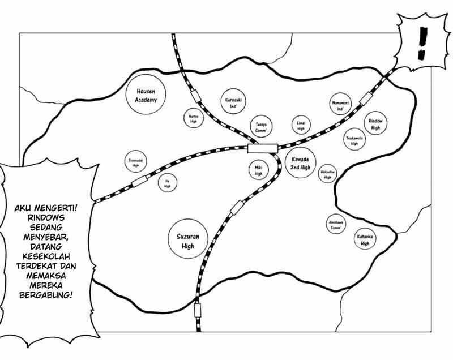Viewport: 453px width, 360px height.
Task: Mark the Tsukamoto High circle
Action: click(355, 139)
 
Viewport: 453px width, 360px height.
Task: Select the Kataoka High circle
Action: click(363, 239)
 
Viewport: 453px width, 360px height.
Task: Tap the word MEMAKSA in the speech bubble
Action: click(46, 275)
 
